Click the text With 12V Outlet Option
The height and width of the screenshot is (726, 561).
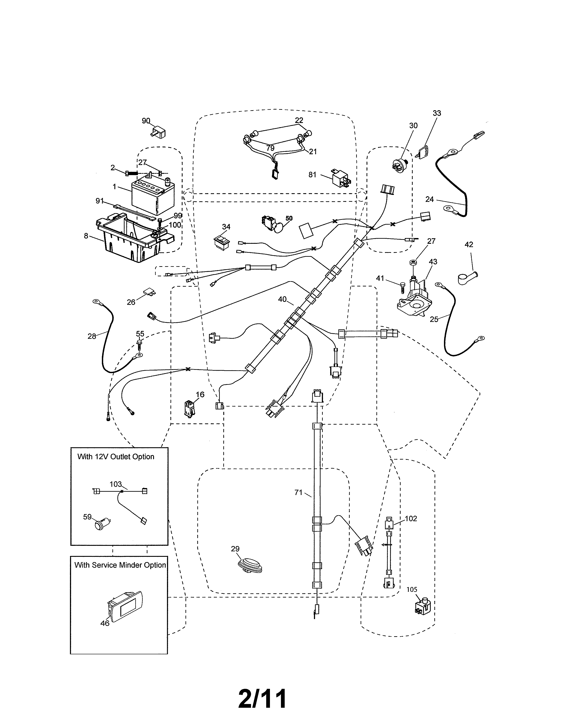point(116,457)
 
